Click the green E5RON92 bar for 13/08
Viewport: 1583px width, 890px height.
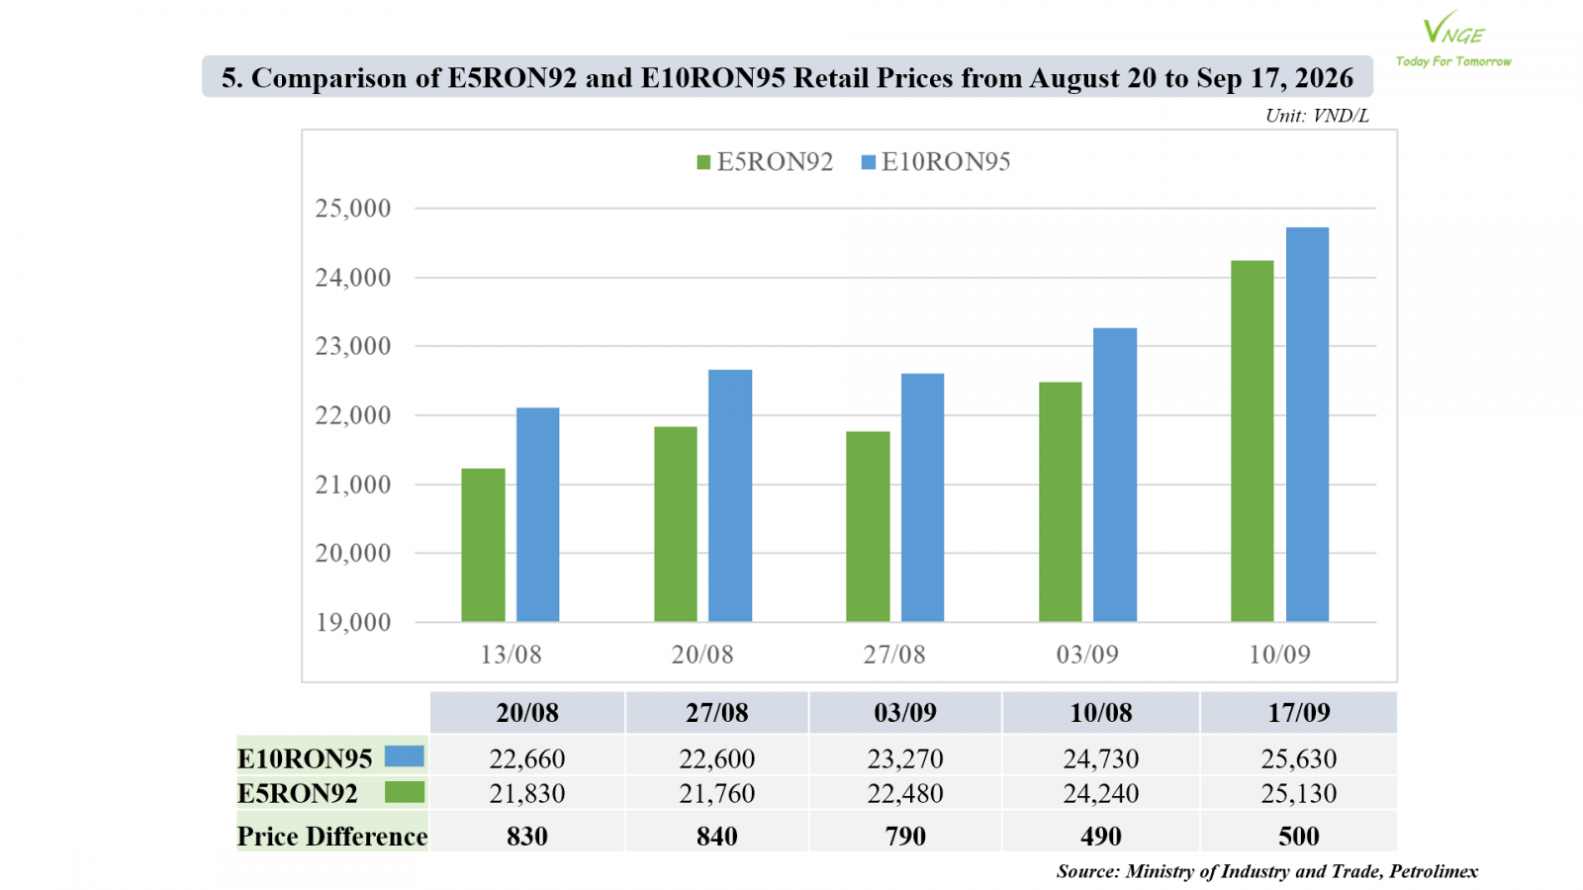coord(484,545)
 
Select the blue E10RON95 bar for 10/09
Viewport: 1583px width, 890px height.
coord(1307,424)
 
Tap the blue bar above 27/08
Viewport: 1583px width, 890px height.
coord(922,497)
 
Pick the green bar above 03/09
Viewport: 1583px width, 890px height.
coord(1060,501)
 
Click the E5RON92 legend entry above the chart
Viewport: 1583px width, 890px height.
coord(765,162)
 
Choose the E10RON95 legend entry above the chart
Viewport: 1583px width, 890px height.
coord(936,162)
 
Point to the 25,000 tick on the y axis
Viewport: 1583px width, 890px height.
coord(352,209)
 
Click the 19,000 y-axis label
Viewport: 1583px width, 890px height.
coord(352,622)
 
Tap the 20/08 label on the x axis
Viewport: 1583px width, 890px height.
coord(702,655)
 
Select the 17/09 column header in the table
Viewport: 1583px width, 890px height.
coord(1298,713)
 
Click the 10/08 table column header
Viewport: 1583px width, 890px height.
coord(1100,713)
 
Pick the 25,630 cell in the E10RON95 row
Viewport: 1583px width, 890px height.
coord(1298,758)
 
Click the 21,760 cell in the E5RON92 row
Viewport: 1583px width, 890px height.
coord(716,793)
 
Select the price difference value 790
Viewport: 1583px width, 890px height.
coord(905,837)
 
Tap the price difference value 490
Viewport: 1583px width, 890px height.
coord(1100,837)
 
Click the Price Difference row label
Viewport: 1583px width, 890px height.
coord(332,837)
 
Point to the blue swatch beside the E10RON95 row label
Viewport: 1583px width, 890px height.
coord(405,756)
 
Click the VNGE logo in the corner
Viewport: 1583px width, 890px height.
coord(1453,39)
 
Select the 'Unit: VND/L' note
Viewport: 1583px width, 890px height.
coord(1317,116)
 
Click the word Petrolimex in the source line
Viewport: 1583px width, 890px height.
coord(1434,871)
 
